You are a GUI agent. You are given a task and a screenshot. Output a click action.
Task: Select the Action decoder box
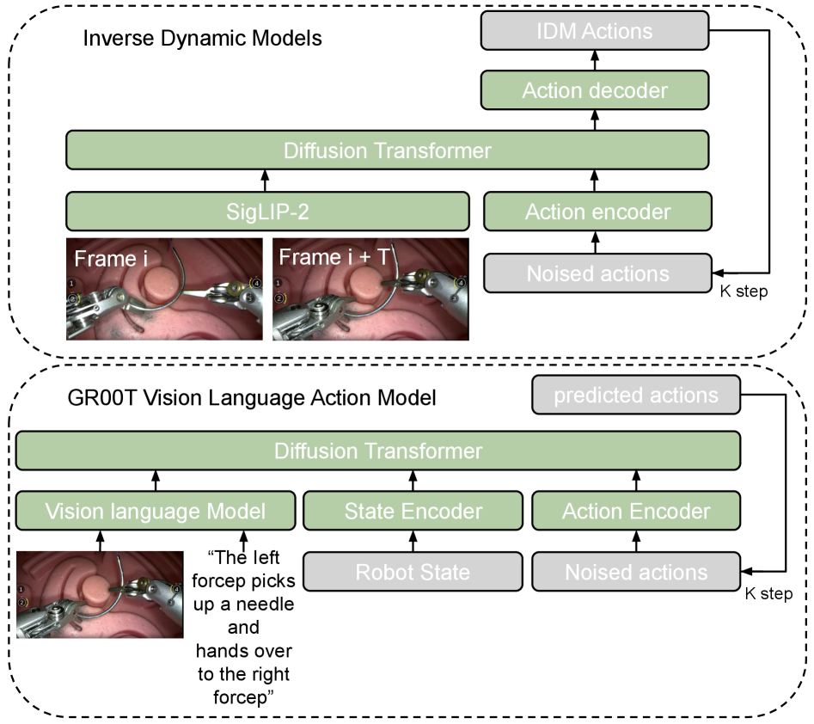(x=594, y=89)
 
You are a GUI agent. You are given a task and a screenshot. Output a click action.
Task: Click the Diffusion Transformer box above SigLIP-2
(x=388, y=150)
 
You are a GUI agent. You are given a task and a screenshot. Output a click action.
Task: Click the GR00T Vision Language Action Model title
(x=252, y=398)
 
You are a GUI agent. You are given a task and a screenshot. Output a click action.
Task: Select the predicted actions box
(x=635, y=396)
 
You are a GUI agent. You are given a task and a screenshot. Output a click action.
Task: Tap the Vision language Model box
(x=155, y=512)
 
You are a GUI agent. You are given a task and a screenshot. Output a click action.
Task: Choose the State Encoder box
(x=413, y=512)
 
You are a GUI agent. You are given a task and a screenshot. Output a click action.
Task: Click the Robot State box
(x=413, y=571)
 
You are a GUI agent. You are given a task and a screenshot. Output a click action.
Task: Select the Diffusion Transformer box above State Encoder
(x=378, y=451)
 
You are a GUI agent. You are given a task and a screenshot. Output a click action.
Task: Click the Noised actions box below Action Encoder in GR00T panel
(x=636, y=571)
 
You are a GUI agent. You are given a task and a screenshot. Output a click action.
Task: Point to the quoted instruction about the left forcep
(x=247, y=628)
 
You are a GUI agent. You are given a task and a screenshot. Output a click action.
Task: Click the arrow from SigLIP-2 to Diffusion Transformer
(x=265, y=181)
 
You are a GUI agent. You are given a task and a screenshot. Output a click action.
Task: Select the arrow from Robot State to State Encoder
(x=413, y=542)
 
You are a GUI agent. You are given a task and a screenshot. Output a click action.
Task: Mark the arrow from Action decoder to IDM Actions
(x=594, y=61)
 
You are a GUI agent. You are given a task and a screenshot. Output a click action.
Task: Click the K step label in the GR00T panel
(x=767, y=594)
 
